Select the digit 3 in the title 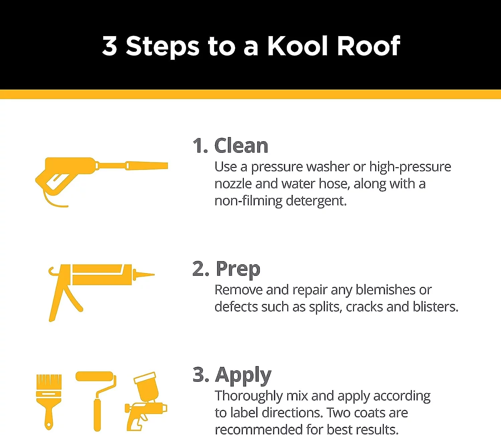point(110,46)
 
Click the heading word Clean point(241,146)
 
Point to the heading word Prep point(238,269)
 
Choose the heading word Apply point(243,375)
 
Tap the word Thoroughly point(248,396)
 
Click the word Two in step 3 point(339,413)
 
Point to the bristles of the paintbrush point(49,381)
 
